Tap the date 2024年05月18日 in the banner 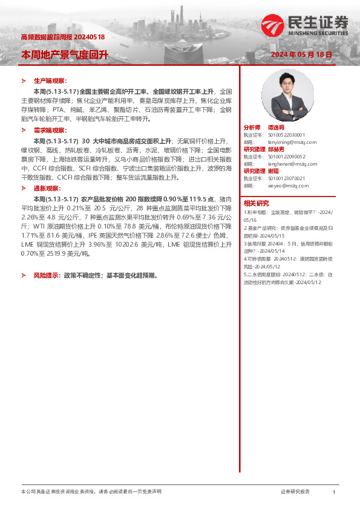point(301,54)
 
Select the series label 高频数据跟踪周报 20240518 point(63,37)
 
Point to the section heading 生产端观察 point(50,80)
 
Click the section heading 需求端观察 point(50,130)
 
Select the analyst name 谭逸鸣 point(278,128)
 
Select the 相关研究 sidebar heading point(257,203)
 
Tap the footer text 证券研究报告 point(295,492)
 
